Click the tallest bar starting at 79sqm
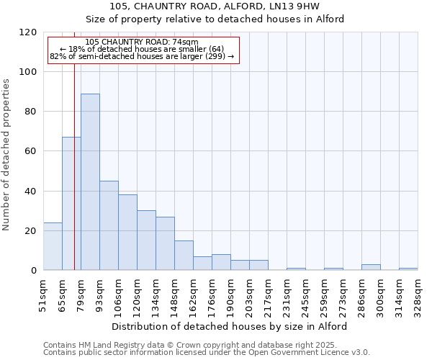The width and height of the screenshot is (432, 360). (90, 181)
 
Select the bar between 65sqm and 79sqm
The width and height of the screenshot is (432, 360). (71, 203)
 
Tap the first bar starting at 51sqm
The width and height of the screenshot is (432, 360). (53, 246)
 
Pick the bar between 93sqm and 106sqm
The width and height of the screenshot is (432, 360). (109, 225)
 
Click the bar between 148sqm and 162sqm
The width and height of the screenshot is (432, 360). (184, 255)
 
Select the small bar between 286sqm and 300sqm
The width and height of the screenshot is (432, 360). (371, 267)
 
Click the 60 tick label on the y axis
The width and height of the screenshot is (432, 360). (31, 151)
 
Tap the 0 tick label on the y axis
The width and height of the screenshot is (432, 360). (34, 271)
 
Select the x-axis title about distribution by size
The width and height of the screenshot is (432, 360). (230, 326)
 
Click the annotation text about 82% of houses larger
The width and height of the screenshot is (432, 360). (142, 56)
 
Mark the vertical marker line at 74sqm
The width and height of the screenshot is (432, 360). (74, 180)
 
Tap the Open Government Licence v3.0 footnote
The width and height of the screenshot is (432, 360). (207, 353)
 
